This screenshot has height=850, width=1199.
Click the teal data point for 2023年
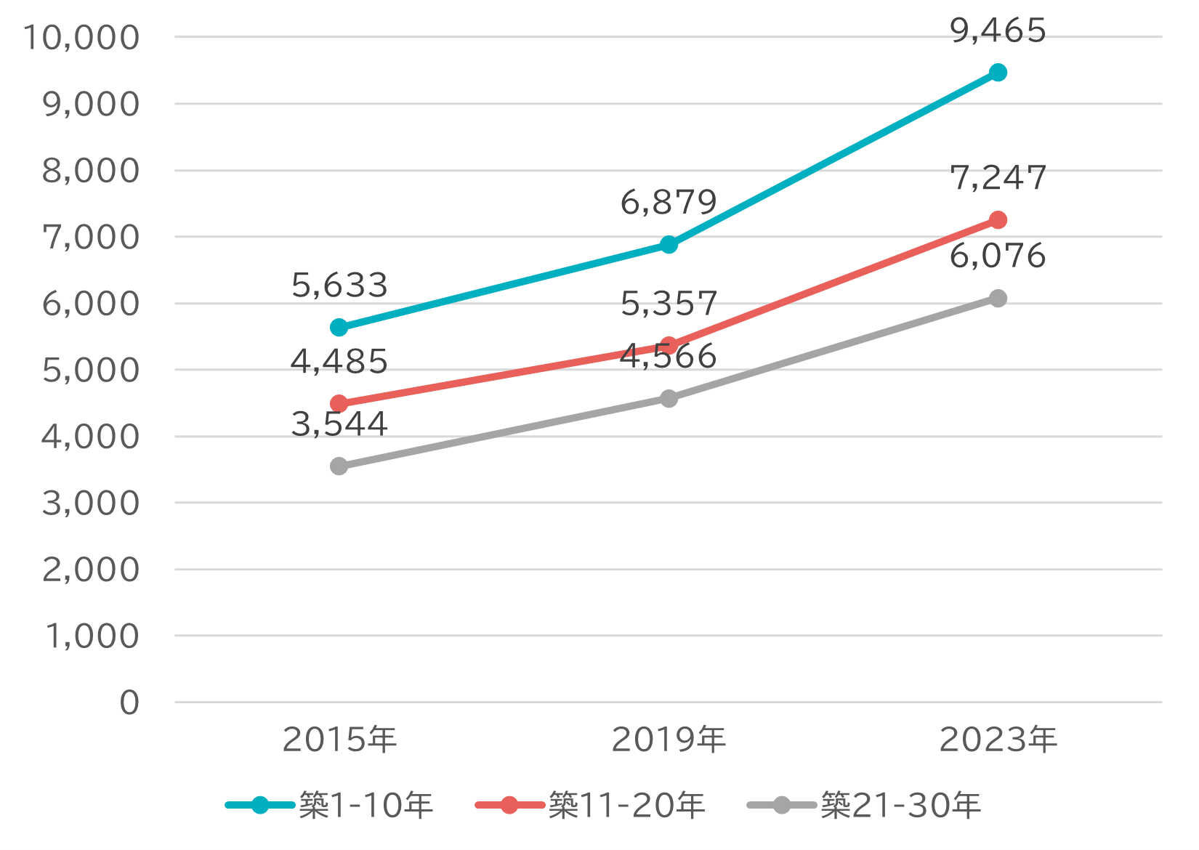click(998, 73)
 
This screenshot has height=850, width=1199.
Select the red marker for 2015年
click(339, 404)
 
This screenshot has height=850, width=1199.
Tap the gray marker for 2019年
click(669, 399)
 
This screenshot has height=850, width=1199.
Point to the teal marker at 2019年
click(669, 245)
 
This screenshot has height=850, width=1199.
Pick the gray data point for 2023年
click(998, 299)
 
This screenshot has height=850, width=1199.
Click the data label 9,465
click(998, 31)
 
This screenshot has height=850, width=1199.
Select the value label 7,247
click(998, 178)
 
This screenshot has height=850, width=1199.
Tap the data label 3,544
click(339, 424)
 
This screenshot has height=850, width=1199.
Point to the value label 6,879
click(669, 203)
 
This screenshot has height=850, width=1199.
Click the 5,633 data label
click(339, 286)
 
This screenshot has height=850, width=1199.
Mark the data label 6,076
click(998, 256)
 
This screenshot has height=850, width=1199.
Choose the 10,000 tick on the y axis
click(81, 38)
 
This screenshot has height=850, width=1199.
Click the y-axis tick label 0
click(129, 703)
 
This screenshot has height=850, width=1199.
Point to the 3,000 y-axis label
click(91, 503)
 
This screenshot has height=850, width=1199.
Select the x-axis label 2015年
click(339, 740)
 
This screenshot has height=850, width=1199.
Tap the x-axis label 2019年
click(669, 740)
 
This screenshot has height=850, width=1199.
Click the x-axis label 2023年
click(998, 740)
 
